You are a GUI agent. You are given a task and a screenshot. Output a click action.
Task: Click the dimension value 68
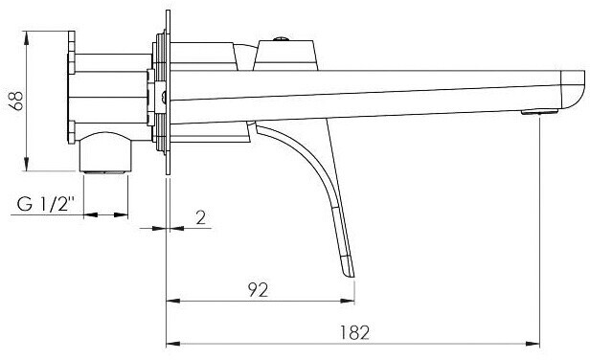tap(17, 101)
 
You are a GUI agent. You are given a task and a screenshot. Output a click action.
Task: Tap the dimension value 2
tap(201, 217)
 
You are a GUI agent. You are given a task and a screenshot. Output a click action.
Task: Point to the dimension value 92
tap(259, 290)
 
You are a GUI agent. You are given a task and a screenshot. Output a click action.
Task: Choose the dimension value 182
tap(354, 332)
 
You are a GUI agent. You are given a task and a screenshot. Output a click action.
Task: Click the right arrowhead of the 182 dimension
tap(533, 344)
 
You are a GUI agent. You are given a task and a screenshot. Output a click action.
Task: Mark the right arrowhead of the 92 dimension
tap(348, 301)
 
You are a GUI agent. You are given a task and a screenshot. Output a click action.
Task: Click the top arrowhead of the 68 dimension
tap(27, 38)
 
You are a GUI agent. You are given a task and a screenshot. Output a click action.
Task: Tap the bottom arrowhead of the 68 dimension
tap(27, 164)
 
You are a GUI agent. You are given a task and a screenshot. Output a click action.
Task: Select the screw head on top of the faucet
tap(281, 38)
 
